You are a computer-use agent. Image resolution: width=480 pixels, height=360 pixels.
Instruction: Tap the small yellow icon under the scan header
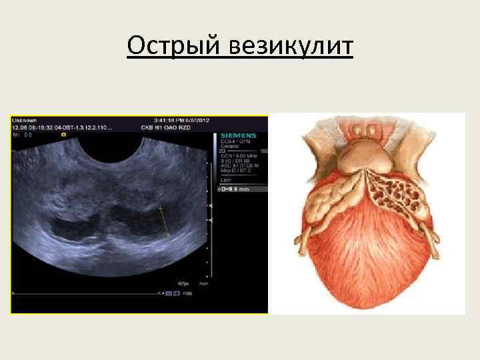pos(63,135)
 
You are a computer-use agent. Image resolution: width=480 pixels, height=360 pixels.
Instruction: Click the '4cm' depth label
pos(202,283)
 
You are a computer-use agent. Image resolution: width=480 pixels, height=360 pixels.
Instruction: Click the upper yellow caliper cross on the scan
pos(161,209)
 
